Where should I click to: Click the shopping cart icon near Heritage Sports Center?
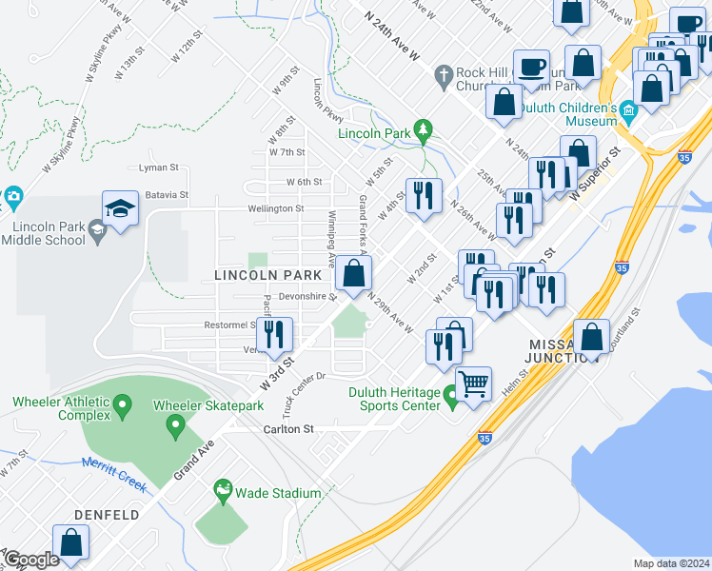(473, 384)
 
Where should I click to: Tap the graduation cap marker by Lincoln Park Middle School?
(121, 209)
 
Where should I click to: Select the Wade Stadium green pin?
(224, 492)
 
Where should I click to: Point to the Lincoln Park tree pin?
(424, 130)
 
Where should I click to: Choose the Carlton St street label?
(288, 429)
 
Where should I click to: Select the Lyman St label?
(159, 167)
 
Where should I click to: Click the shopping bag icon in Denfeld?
(71, 542)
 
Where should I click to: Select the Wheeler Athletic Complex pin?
(121, 408)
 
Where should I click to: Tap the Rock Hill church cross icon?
(443, 74)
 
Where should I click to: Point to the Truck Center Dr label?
(303, 394)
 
